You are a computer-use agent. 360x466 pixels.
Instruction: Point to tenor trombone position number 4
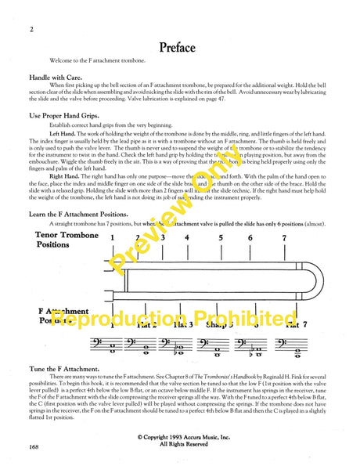pos(186,215)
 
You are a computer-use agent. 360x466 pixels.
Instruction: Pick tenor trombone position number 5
pos(221,215)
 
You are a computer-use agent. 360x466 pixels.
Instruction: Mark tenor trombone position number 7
pos(285,215)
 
